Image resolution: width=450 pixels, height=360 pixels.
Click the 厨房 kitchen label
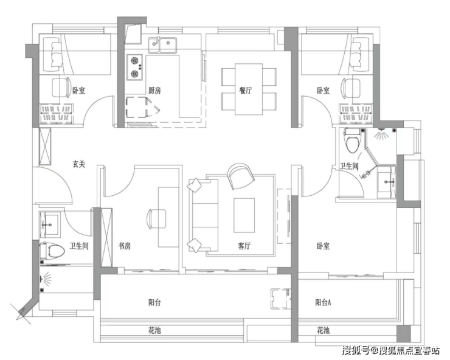154,91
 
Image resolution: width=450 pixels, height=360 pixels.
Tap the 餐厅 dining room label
246,91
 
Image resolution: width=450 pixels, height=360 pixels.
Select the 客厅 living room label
244,246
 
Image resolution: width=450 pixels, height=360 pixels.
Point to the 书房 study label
125,246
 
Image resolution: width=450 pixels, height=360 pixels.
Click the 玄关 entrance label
78,164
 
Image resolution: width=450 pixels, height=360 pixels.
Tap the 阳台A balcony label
323,303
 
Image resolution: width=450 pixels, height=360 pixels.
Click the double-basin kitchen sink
162,46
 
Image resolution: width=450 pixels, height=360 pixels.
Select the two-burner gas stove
135,67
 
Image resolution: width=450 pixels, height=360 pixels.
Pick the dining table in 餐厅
249,89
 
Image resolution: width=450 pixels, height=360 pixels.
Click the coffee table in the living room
244,215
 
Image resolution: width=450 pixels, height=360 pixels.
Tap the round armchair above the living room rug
240,176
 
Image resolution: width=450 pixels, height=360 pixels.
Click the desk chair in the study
156,219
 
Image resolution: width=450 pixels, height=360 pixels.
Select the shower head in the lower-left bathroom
46,279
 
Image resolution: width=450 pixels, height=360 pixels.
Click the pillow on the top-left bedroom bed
56,55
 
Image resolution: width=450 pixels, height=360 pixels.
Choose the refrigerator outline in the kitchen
137,108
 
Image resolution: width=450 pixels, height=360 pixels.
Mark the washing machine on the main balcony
281,299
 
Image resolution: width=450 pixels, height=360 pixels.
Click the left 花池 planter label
154,331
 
